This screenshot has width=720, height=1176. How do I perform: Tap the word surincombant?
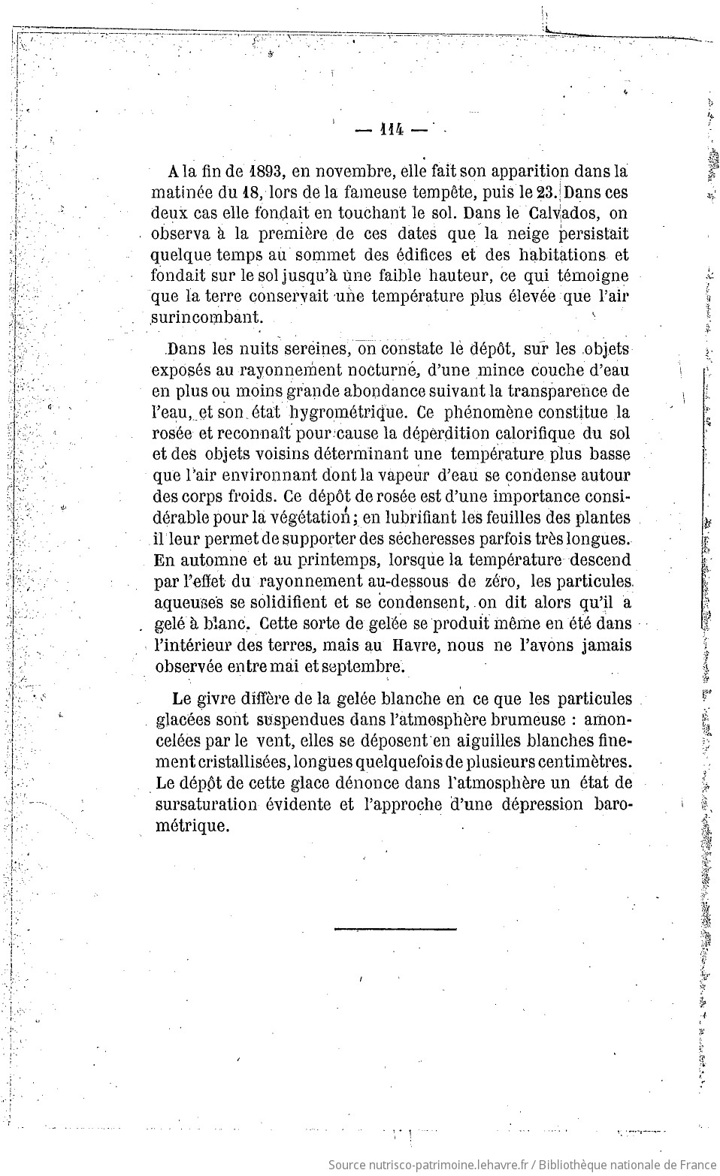pos(207,317)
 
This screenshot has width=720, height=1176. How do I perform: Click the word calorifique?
pos(534,433)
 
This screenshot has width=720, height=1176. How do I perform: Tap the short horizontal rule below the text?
pos(395,929)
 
